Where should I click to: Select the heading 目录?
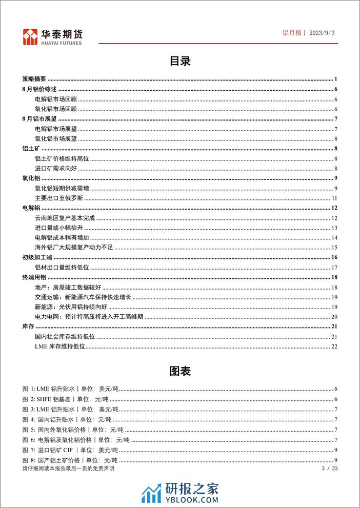click(180, 61)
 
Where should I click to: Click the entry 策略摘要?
click(34, 79)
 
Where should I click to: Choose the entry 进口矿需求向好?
click(56, 169)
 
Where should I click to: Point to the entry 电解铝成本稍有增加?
click(62, 237)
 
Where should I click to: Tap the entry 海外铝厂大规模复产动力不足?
click(73, 247)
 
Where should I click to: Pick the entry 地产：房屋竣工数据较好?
click(67, 287)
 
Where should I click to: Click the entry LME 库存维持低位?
click(59, 347)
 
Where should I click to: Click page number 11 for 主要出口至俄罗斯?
click(334, 198)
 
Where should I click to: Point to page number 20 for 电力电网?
click(334, 317)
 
